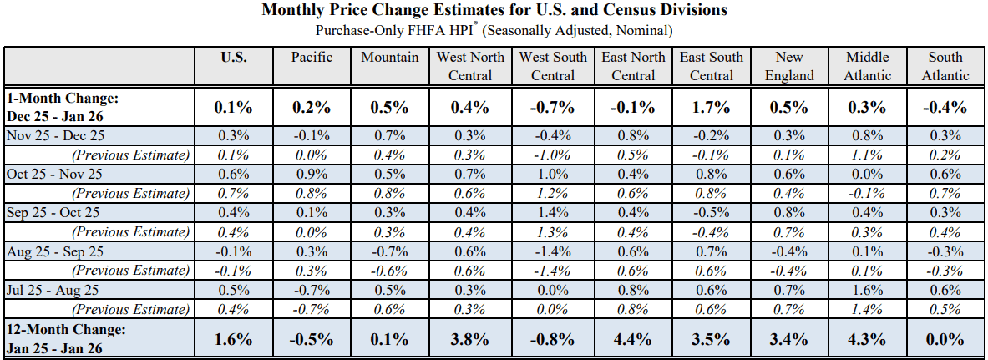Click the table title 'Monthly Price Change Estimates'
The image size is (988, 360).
494,11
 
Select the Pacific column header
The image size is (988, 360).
312,58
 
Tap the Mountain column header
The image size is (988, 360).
390,58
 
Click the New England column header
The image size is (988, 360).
789,66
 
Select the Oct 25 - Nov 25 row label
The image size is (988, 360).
55,175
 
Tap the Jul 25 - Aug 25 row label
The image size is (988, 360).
53,290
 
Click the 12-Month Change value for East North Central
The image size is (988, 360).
633,339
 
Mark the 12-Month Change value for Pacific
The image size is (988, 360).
312,339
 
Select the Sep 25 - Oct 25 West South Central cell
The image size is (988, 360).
552,213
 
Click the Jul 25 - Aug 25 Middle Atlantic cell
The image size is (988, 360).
868,290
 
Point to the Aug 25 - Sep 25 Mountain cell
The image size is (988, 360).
390,251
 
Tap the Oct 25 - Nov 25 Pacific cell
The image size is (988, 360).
312,175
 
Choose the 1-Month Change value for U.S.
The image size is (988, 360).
234,107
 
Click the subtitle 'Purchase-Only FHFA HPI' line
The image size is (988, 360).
494,31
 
